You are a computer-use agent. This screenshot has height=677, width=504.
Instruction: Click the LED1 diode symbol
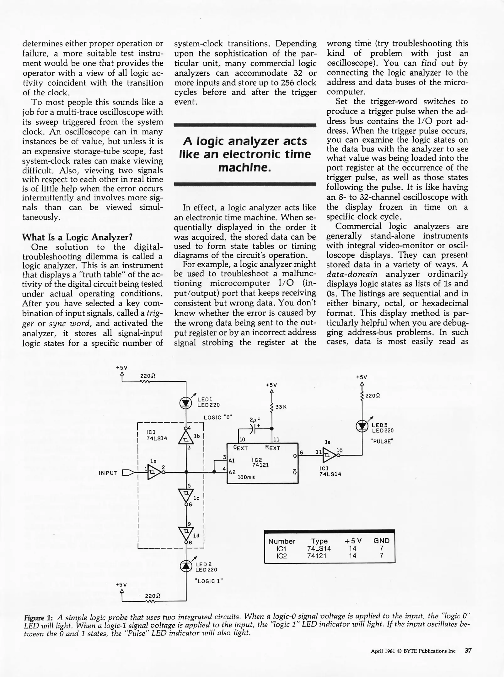click(186, 403)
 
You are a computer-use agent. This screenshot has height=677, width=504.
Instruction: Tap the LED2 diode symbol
click(186, 566)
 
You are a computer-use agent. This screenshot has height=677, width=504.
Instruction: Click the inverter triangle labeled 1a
click(154, 472)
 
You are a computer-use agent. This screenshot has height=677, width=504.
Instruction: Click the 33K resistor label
click(281, 407)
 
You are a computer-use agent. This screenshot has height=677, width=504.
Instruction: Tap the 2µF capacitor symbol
click(254, 428)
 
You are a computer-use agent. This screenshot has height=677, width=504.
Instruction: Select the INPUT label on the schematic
click(108, 473)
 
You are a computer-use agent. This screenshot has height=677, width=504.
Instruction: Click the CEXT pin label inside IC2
click(241, 448)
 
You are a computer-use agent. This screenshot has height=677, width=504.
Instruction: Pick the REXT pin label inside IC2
click(272, 448)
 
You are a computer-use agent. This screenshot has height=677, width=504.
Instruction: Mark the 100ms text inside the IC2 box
click(246, 477)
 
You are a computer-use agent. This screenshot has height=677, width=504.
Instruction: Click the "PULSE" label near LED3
click(382, 441)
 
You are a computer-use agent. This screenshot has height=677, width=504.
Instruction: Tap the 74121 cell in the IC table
click(317, 556)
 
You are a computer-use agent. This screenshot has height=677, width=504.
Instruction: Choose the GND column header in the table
click(381, 541)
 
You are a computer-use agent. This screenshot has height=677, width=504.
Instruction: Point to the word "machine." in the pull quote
click(244, 168)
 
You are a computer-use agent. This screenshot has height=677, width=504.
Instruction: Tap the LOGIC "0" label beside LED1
click(218, 417)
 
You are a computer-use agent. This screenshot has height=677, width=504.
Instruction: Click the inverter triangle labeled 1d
click(186, 532)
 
